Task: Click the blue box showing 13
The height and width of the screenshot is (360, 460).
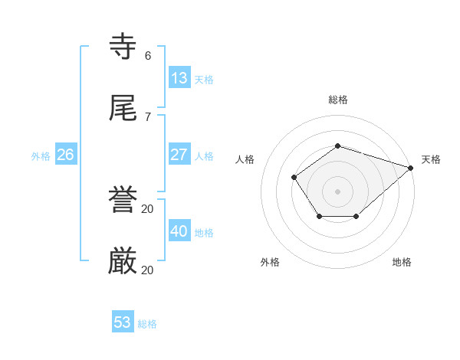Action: coord(179,77)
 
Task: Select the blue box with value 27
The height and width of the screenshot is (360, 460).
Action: coord(179,154)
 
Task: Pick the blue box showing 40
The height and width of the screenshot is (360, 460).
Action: coord(179,231)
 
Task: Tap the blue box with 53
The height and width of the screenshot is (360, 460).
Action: coord(123,322)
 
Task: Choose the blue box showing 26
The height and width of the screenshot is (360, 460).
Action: coord(65,154)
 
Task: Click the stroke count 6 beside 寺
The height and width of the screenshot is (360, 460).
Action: coord(148,55)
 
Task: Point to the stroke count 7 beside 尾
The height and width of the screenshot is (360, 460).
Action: coord(148,116)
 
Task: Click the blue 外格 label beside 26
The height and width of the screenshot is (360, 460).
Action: coord(41,156)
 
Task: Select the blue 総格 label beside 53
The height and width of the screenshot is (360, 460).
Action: coord(147,325)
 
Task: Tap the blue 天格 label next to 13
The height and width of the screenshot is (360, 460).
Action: coord(204,80)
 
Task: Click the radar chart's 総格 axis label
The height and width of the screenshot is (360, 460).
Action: coord(338,100)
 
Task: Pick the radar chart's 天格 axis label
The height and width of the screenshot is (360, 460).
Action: coord(431,159)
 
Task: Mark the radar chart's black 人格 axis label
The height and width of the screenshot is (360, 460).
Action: coord(245,159)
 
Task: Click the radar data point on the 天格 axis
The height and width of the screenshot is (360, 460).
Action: coord(411,168)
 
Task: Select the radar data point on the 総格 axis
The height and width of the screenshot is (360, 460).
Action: coord(337,146)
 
